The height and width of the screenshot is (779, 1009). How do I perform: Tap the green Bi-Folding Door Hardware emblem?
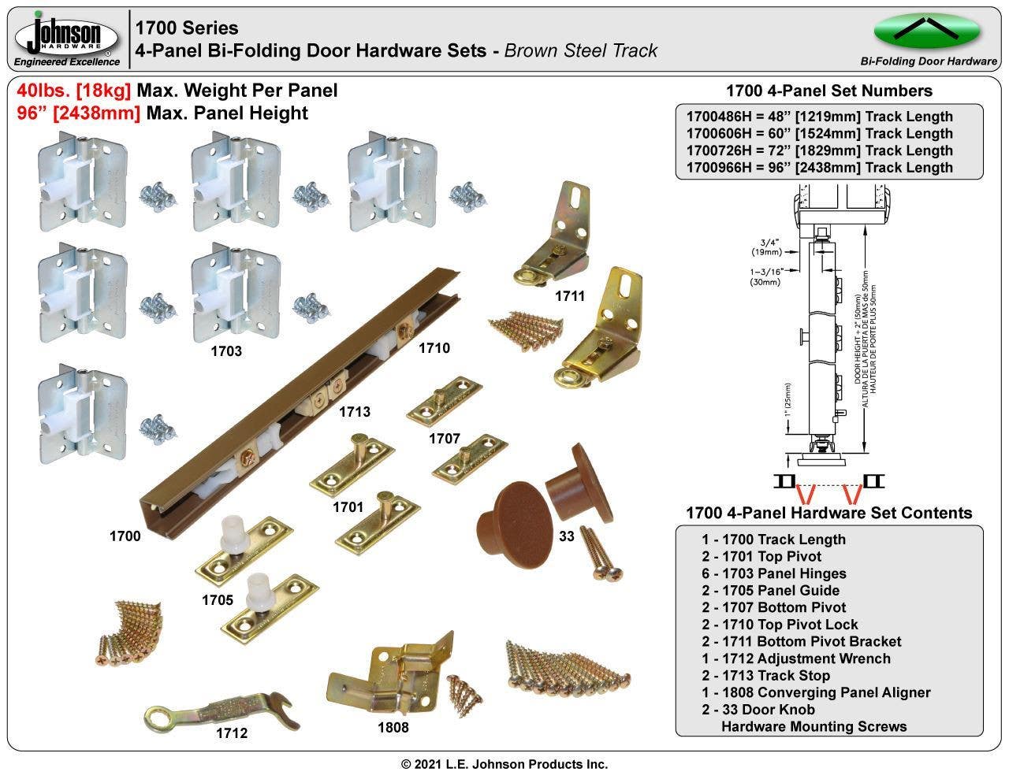pos(928,31)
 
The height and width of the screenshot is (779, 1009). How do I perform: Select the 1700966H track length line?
pos(819,167)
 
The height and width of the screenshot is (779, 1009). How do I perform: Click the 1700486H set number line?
pos(819,117)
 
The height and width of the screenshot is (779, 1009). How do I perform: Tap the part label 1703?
pos(225,351)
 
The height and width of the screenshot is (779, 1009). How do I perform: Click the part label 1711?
pos(569,296)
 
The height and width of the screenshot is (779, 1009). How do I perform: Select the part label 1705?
pos(217,599)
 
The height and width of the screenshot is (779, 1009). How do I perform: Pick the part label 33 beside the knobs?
pos(566,536)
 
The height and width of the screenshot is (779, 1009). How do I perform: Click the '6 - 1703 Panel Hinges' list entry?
pos(774,573)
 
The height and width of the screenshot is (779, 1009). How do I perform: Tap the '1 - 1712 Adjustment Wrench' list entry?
pos(796,658)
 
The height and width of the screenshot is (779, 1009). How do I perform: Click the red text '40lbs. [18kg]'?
pos(74,91)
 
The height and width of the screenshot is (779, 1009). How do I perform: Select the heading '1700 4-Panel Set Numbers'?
pos(828,91)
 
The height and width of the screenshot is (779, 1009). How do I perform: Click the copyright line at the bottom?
pos(504,764)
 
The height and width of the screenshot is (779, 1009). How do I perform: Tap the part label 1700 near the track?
pos(125,536)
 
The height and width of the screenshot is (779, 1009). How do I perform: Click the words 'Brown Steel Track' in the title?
pos(580,51)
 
